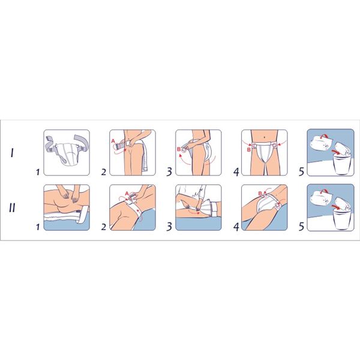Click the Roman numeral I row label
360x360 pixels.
12,152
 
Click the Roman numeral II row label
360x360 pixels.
12,208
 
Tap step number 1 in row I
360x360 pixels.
38,172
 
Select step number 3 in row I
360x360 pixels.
169,172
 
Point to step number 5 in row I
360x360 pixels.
302,172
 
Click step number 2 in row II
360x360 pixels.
104,227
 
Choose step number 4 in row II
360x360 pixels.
236,227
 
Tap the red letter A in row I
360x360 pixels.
113,141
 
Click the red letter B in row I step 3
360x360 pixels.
179,149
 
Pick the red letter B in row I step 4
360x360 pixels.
248,150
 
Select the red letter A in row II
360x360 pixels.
127,194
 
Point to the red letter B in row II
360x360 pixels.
260,194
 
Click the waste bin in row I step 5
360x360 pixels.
342,164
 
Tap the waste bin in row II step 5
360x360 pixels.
342,218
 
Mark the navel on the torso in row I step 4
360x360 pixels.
265,137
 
